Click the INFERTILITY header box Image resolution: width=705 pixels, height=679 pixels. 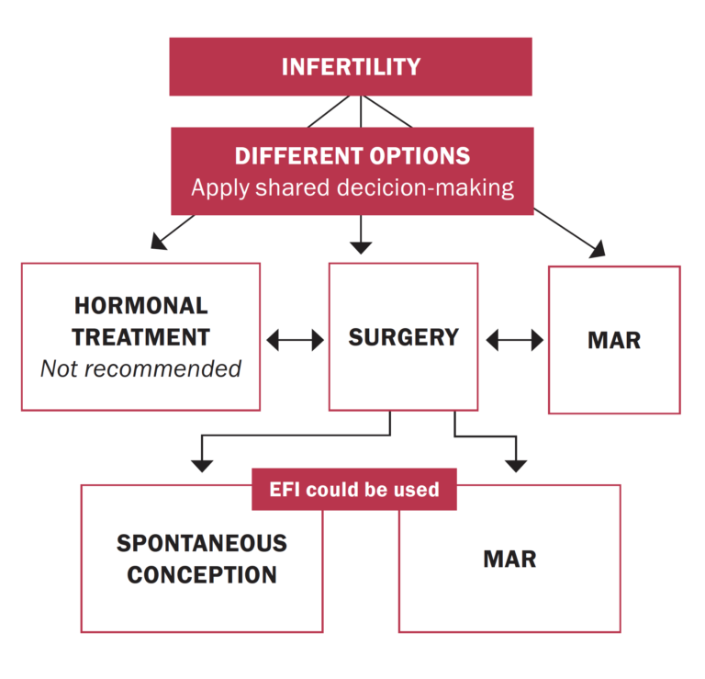[x=350, y=67]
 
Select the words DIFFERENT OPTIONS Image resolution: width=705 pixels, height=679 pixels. [x=352, y=155]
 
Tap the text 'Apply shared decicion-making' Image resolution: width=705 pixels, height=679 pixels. [x=352, y=187]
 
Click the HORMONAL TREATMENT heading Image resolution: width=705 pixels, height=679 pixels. [x=140, y=321]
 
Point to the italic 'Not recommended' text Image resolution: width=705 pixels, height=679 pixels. [x=140, y=368]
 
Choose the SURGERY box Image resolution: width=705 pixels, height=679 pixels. [x=403, y=337]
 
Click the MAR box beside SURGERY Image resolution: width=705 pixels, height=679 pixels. [x=613, y=340]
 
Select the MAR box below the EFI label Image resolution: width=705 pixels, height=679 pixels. [x=509, y=559]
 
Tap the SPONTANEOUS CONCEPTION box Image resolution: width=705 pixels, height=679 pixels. [x=201, y=559]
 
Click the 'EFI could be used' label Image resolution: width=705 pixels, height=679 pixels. [x=353, y=490]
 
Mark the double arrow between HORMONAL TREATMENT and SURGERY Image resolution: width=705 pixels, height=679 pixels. [x=295, y=341]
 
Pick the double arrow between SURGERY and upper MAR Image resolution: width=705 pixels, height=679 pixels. [x=514, y=341]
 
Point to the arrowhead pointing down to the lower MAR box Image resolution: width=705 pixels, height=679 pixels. [x=516, y=461]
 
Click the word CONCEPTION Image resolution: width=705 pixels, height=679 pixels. [x=201, y=575]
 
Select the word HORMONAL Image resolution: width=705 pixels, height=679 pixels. [x=140, y=305]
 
